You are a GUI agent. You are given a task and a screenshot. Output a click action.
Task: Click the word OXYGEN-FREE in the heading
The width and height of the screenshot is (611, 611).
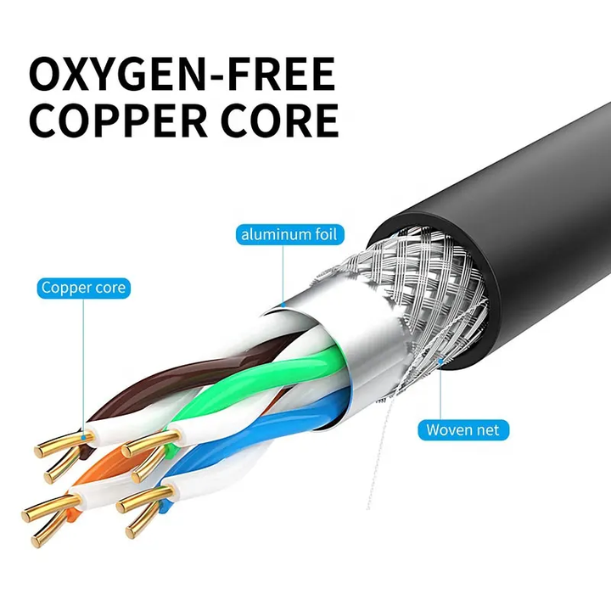click(x=182, y=74)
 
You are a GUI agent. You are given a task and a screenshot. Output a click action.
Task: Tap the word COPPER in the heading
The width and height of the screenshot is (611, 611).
click(x=118, y=121)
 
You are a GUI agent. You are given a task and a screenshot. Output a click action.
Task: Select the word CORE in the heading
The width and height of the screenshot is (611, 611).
click(x=280, y=121)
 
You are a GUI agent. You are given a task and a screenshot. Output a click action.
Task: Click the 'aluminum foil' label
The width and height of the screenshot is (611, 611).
click(x=290, y=234)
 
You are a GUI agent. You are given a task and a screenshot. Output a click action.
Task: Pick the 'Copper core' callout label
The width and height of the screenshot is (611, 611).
click(x=83, y=288)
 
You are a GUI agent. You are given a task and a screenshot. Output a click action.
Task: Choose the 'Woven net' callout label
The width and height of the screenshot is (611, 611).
click(x=463, y=430)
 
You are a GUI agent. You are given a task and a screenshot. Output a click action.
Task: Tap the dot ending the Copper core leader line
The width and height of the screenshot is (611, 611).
click(x=83, y=438)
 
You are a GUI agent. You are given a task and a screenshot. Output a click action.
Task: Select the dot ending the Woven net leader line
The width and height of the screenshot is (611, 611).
click(x=440, y=362)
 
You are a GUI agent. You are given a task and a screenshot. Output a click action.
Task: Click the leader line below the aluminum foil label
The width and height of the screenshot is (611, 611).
click(x=283, y=275)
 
